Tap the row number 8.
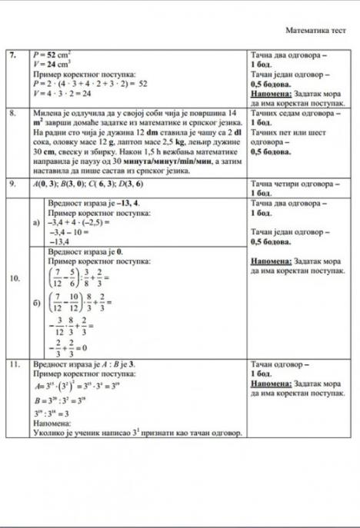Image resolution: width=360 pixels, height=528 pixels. coord(12,112)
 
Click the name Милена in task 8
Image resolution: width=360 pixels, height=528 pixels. coord(45,112)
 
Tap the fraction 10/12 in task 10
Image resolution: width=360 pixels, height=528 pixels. coord(75,304)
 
